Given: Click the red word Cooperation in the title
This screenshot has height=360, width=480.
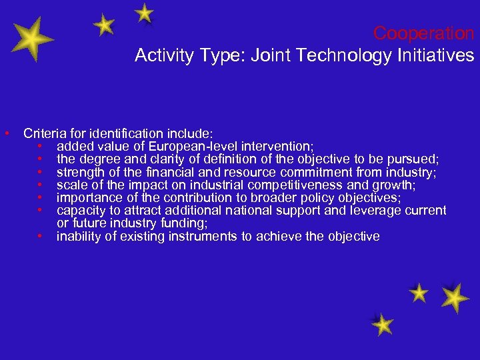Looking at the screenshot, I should pos(423,33).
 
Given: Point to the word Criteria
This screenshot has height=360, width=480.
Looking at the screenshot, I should pos(43,133).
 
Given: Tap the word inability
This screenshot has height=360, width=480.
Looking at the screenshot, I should pos(78,236).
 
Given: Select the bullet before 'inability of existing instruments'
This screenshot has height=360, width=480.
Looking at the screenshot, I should pos(41,236).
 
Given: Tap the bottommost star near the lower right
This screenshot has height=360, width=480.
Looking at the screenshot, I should pos(382,325).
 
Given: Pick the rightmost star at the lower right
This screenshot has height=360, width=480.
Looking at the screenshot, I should pos(455,297).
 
